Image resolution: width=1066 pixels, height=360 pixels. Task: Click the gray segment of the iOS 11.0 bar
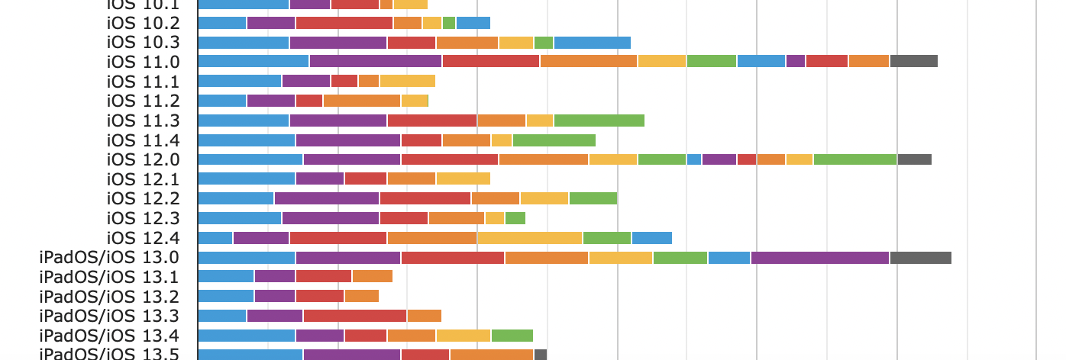913,62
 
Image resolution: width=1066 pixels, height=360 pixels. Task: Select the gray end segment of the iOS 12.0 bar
914,159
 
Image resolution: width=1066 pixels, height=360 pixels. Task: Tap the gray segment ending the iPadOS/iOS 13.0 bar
920,258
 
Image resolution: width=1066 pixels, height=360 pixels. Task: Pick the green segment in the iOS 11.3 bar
599,121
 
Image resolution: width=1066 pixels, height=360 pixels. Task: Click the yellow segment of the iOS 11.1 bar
407,82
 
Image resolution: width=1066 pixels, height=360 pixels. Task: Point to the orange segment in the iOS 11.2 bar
362,101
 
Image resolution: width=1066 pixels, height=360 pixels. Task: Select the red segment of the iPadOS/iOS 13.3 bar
355,316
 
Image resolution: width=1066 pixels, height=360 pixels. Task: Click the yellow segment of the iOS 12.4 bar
530,238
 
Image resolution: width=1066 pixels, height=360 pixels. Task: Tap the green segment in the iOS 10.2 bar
449,23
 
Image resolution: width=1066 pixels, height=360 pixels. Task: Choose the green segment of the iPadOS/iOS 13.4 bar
512,336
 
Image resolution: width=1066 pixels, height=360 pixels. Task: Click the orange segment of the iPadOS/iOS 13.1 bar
373,277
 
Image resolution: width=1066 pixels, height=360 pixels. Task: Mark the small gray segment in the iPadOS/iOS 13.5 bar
541,355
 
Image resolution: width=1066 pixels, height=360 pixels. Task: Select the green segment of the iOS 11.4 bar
554,140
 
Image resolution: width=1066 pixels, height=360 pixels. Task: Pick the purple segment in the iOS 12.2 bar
327,199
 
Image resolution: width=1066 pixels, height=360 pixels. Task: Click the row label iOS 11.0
144,62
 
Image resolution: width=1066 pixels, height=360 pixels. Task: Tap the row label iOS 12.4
144,238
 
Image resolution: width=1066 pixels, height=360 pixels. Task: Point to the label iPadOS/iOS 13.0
109,258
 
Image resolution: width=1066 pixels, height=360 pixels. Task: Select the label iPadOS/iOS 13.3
109,316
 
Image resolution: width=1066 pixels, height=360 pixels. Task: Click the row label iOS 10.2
144,23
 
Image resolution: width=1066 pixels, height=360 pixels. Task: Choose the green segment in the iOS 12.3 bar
515,218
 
